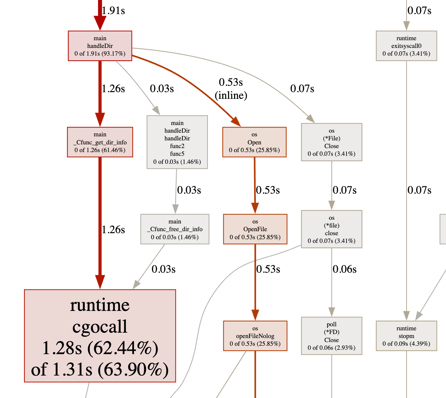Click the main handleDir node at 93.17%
pyautogui.click(x=100, y=46)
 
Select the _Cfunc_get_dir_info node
pyautogui.click(x=100, y=142)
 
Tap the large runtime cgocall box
pyautogui.click(x=100, y=336)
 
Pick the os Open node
pyautogui.click(x=254, y=142)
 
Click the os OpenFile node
pyautogui.click(x=255, y=229)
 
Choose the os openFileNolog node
pyautogui.click(x=255, y=336)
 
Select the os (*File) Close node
pyautogui.click(x=331, y=142)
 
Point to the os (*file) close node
pyautogui.click(x=331, y=229)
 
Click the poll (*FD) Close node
pyautogui.click(x=331, y=336)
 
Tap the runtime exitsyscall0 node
pyautogui.click(x=406, y=46)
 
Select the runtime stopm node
pyautogui.click(x=406, y=336)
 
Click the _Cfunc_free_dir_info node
pyautogui.click(x=175, y=229)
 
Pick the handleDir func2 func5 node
pyautogui.click(x=177, y=142)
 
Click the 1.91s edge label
pyautogui.click(x=113, y=11)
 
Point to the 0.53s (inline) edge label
pyautogui.click(x=231, y=89)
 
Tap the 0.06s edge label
pyautogui.click(x=344, y=269)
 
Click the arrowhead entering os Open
pyautogui.click(x=236, y=122)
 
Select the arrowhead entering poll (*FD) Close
pyautogui.click(x=331, y=312)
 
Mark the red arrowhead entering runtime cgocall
pyautogui.click(x=100, y=282)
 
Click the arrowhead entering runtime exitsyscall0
pyautogui.click(x=406, y=26)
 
